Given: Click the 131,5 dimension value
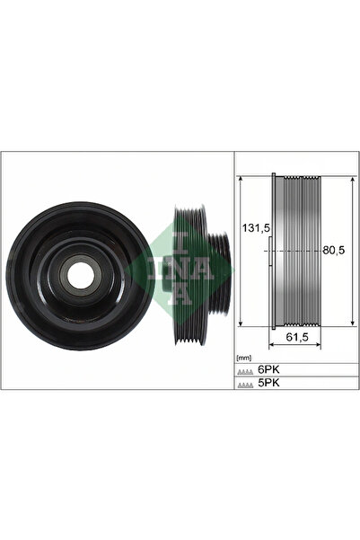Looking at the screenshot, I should tap(253, 227).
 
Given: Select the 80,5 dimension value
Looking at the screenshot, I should tap(334, 250).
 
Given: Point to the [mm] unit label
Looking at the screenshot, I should tap(244, 358).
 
